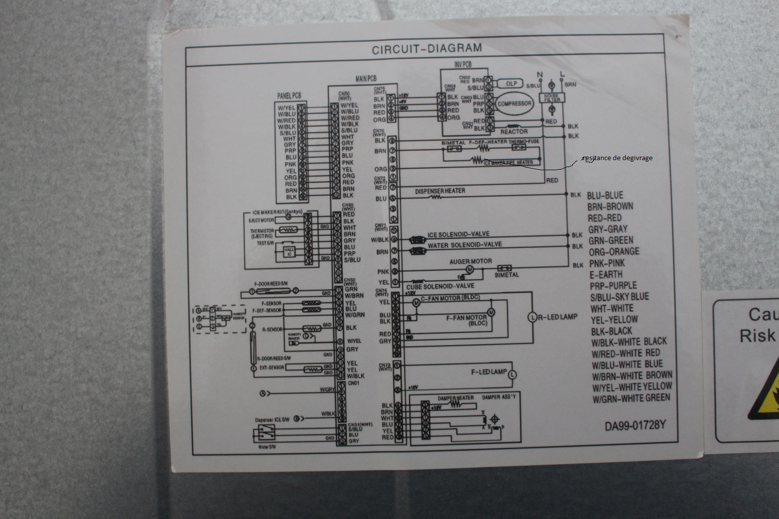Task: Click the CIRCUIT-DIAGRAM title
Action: point(427,49)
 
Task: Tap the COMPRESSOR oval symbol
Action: point(514,104)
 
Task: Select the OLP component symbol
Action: point(511,84)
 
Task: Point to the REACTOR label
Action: point(514,132)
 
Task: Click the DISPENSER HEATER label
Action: point(440,191)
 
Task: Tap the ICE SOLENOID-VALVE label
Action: point(458,234)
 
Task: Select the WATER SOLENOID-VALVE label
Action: point(464,245)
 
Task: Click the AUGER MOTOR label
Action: point(470,261)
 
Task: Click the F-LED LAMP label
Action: point(489,372)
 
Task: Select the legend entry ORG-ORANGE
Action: point(614,252)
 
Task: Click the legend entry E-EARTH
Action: point(606,274)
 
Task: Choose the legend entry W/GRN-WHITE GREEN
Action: point(631,398)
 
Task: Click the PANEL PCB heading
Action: point(289,96)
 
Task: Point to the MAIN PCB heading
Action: point(365,79)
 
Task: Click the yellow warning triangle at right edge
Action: point(765,395)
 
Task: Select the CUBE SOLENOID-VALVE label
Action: point(443,286)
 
